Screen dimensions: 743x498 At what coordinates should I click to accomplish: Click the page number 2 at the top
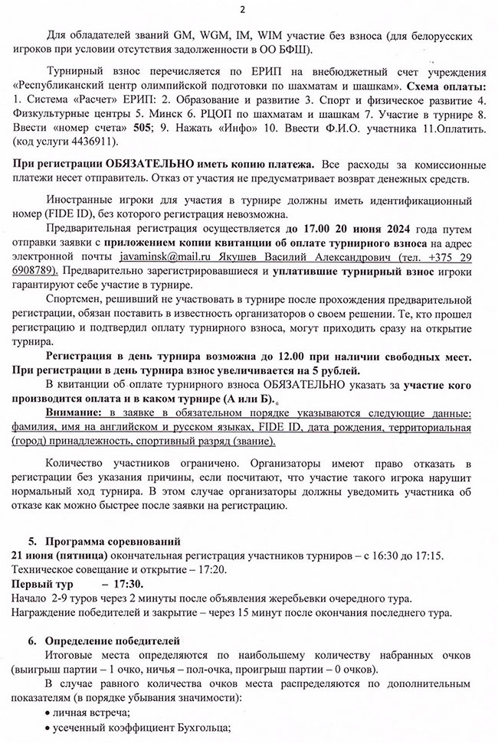point(243,9)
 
